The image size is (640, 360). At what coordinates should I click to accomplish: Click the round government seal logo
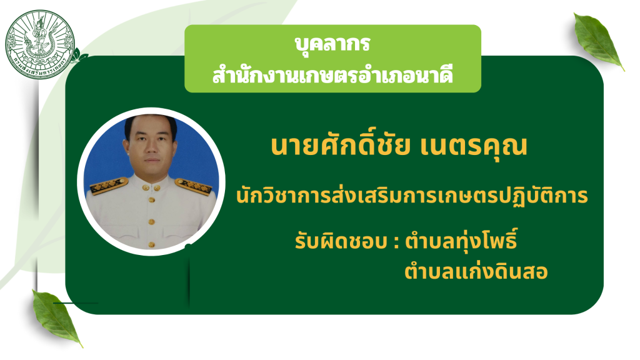point(40,44)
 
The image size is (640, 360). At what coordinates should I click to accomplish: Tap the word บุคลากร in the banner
point(332,43)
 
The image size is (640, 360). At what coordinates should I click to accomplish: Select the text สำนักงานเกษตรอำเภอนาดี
point(332,75)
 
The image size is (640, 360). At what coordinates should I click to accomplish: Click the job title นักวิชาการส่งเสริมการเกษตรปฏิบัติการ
point(412,195)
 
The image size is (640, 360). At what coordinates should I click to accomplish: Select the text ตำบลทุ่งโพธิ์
point(461,240)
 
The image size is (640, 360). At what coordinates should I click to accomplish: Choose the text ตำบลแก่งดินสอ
point(476,270)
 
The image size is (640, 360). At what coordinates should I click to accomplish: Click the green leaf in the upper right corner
point(598,41)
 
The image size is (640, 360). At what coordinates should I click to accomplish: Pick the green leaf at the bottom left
point(56,317)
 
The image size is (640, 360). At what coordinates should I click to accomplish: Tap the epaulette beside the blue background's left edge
point(109,186)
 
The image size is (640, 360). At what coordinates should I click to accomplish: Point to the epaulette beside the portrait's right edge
point(194,186)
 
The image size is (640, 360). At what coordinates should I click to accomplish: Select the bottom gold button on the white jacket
point(151,244)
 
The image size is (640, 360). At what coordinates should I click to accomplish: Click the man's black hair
point(151,123)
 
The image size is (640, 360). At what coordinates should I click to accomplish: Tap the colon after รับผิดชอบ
point(396,242)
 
